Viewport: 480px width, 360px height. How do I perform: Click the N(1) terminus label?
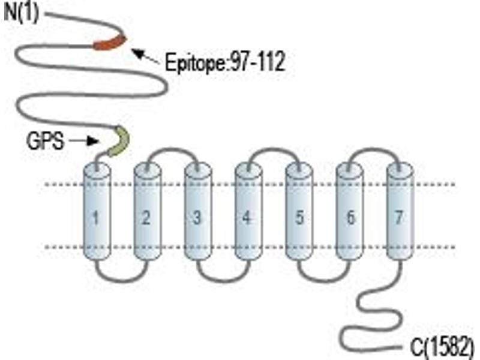(x=22, y=13)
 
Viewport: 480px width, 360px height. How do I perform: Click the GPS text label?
(x=46, y=141)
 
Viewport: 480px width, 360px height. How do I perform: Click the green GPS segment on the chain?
(x=119, y=141)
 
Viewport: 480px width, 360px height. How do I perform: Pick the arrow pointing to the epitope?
(x=146, y=56)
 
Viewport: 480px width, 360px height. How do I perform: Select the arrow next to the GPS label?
(x=83, y=141)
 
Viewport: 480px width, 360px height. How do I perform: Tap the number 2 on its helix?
(x=146, y=218)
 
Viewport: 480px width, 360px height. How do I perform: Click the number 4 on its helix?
(x=247, y=218)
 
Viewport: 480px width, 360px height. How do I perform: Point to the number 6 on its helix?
(x=351, y=218)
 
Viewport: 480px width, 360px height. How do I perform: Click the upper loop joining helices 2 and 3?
(x=172, y=149)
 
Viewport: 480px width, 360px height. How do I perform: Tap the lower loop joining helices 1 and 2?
(x=122, y=280)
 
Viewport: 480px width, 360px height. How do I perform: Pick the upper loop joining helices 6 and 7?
(x=374, y=149)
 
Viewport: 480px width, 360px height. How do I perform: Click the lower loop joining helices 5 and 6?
(x=324, y=280)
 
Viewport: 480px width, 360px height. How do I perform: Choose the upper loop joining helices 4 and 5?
(x=274, y=149)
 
